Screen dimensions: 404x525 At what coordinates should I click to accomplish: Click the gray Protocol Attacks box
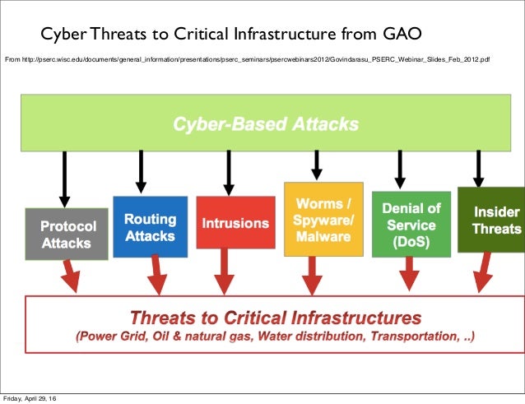(69, 233)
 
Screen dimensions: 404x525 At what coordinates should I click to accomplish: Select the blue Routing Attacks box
(150, 227)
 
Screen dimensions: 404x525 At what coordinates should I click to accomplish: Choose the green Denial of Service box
(411, 222)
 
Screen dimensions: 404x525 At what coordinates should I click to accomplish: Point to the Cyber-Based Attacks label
(265, 125)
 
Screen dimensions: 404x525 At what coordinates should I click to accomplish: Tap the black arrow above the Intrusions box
(228, 170)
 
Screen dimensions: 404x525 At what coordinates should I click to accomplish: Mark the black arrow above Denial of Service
(400, 169)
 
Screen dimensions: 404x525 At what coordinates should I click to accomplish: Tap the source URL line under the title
(247, 59)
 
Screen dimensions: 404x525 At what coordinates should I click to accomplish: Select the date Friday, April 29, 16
(35, 398)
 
